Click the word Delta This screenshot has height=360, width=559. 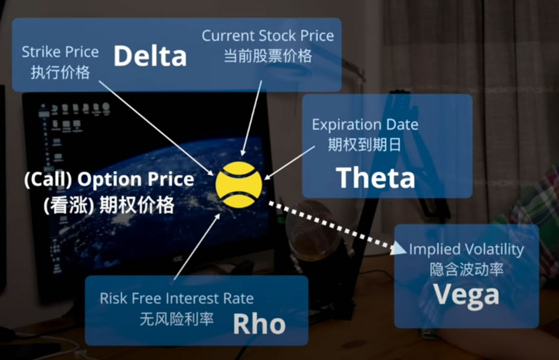point(150,56)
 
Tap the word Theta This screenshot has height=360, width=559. point(376,178)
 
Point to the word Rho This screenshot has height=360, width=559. point(259,324)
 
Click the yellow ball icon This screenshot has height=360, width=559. point(239,184)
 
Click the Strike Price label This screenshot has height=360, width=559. point(60,52)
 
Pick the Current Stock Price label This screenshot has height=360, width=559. point(268,36)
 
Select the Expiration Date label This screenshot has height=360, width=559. point(365,125)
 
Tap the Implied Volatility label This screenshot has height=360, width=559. point(466,249)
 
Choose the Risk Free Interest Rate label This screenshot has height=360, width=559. point(177,298)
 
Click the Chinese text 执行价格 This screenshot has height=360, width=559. point(60,72)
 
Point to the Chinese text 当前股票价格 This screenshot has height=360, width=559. point(268,56)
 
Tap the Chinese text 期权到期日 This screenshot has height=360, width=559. point(364,144)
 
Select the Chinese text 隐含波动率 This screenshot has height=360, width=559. point(466,269)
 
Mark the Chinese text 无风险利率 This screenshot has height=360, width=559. point(177,319)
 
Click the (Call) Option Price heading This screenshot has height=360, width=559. point(109,179)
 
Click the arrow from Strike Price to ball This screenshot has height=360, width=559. point(156,128)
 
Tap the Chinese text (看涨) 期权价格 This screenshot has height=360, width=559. point(109,205)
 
